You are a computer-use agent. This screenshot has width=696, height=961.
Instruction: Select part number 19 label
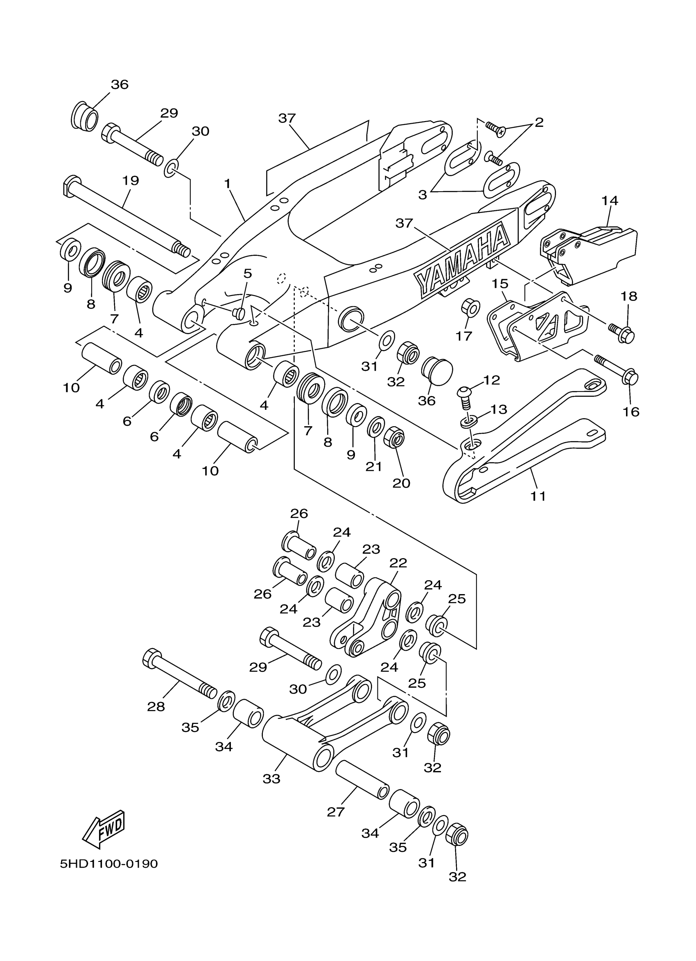pos(131,181)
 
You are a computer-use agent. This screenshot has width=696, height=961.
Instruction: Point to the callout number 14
pos(610,200)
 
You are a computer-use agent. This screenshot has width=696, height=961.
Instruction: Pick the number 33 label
pos(271,779)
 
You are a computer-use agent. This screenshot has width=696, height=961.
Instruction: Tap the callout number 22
pos(398,563)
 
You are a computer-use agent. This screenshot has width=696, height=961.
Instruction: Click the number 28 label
pos(156,706)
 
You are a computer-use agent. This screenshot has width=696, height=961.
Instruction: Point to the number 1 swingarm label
pos(228,184)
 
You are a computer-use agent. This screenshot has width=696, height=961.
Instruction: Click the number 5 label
pos(248,273)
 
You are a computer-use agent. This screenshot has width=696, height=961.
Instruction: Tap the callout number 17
pos(464,336)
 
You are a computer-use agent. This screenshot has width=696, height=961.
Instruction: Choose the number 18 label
pos(629,296)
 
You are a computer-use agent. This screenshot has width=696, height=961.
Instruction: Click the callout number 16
pos(631,412)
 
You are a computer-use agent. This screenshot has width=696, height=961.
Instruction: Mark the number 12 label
pos(491,380)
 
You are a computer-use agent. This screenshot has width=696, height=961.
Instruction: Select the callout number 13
pos(499,409)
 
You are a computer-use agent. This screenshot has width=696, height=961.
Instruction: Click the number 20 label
pos(401,483)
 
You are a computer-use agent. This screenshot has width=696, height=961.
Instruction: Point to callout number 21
pos(374,466)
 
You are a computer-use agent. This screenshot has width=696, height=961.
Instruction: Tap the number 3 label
pos(423,195)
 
